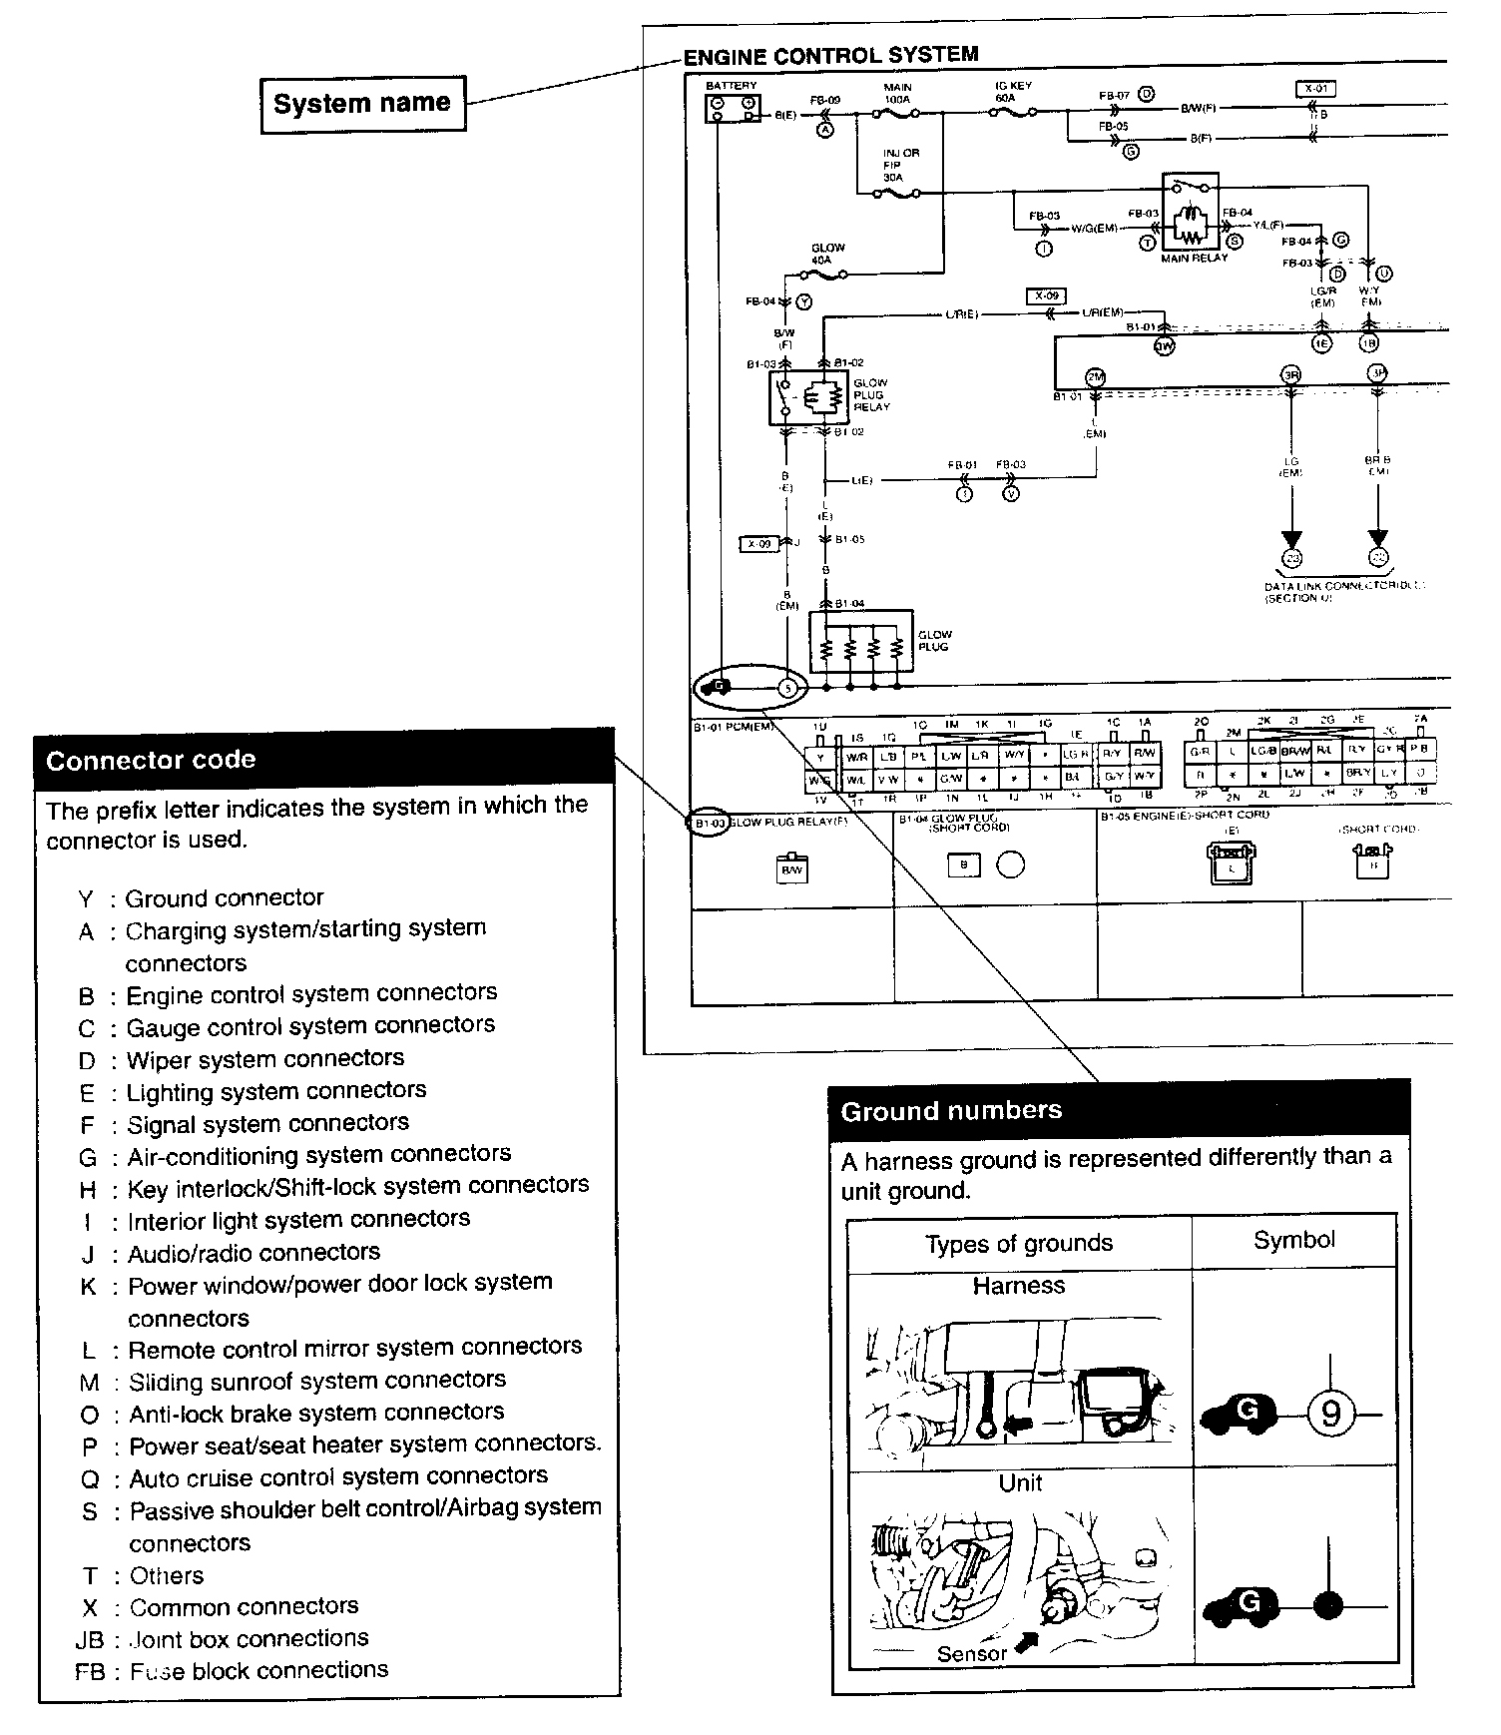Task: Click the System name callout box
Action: pyautogui.click(x=362, y=104)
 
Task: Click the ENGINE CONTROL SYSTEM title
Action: pyautogui.click(x=830, y=55)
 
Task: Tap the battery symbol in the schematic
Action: pyautogui.click(x=733, y=108)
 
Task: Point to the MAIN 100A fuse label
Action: pyautogui.click(x=897, y=94)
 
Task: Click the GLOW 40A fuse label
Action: pyautogui.click(x=827, y=254)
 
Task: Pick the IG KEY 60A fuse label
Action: pyautogui.click(x=1013, y=93)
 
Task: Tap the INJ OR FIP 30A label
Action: pyautogui.click(x=900, y=165)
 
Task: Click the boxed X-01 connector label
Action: pyautogui.click(x=1315, y=89)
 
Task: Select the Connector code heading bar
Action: pyautogui.click(x=324, y=761)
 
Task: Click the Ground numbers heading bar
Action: pyautogui.click(x=1119, y=1111)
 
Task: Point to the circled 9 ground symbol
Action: pyautogui.click(x=1329, y=1415)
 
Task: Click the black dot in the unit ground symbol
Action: pyautogui.click(x=1327, y=1606)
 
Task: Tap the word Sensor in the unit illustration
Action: pyautogui.click(x=971, y=1654)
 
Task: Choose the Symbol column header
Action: pyautogui.click(x=1293, y=1240)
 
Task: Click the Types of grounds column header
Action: pyautogui.click(x=1018, y=1244)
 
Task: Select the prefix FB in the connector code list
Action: pyautogui.click(x=90, y=1671)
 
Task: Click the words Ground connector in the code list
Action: pyautogui.click(x=225, y=898)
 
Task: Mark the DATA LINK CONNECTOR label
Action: pyautogui.click(x=1342, y=586)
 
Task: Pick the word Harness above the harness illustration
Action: pyautogui.click(x=1018, y=1286)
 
